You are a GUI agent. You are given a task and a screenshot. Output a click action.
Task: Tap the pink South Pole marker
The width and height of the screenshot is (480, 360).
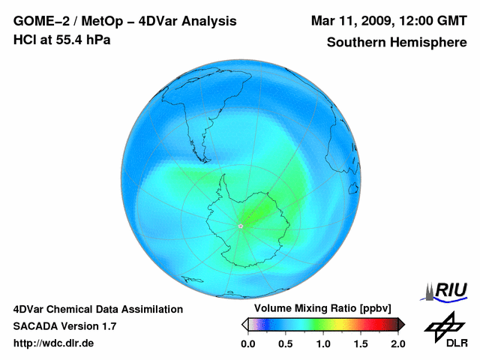[x=241, y=226]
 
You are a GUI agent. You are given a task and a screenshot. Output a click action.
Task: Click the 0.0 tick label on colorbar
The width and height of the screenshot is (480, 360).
[x=247, y=343]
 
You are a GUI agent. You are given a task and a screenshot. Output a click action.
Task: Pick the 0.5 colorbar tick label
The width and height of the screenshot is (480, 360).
[x=285, y=343]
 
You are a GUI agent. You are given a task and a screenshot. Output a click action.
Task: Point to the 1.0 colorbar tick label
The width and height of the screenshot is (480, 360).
[x=322, y=343]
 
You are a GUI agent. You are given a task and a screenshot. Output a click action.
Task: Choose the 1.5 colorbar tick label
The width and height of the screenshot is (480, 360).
[x=360, y=343]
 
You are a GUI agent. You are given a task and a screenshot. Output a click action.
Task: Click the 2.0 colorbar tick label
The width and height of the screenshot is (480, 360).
[x=397, y=343]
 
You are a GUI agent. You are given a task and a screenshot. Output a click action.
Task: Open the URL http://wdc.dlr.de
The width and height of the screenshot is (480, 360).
[x=54, y=343]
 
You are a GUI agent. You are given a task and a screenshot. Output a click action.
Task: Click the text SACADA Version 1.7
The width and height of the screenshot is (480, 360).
[x=64, y=326]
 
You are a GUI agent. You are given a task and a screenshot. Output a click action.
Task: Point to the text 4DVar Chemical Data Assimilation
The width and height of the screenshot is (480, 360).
[x=97, y=309]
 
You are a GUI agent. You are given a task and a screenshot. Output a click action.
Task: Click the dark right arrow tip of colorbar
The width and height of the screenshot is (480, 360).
[x=401, y=324]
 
